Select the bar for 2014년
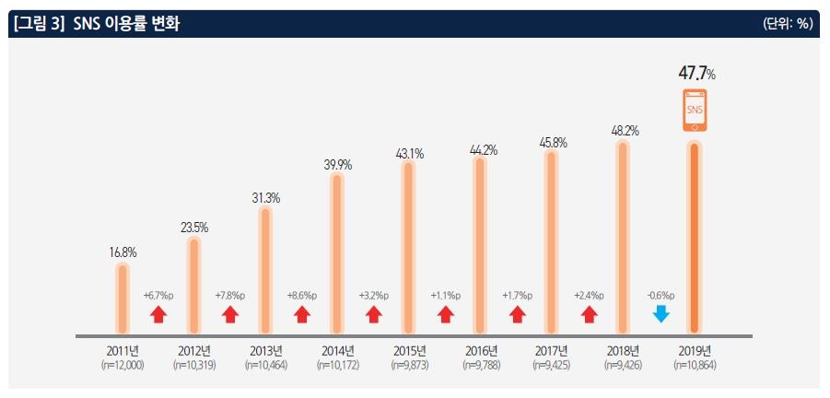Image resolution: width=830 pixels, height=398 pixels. tap(337, 252)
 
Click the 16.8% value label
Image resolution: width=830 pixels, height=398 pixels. tap(122, 250)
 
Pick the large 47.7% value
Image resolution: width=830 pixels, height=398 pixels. tap(696, 73)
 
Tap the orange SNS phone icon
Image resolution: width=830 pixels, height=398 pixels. tap(696, 111)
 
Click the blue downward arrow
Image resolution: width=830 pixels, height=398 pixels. tap(660, 313)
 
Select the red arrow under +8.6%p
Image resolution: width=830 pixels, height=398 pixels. tap(301, 314)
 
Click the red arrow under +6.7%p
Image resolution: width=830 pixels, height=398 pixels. tap(158, 314)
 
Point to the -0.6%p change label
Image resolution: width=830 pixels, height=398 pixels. tap(660, 296)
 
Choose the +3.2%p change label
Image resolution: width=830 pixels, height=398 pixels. tap(373, 296)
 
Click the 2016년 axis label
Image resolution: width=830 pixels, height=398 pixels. tap(481, 351)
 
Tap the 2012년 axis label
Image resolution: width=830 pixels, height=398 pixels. tap(193, 351)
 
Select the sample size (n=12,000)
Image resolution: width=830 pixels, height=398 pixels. tap(122, 366)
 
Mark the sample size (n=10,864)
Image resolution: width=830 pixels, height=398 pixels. tap(696, 366)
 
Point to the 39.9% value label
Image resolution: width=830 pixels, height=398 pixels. tap(337, 164)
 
